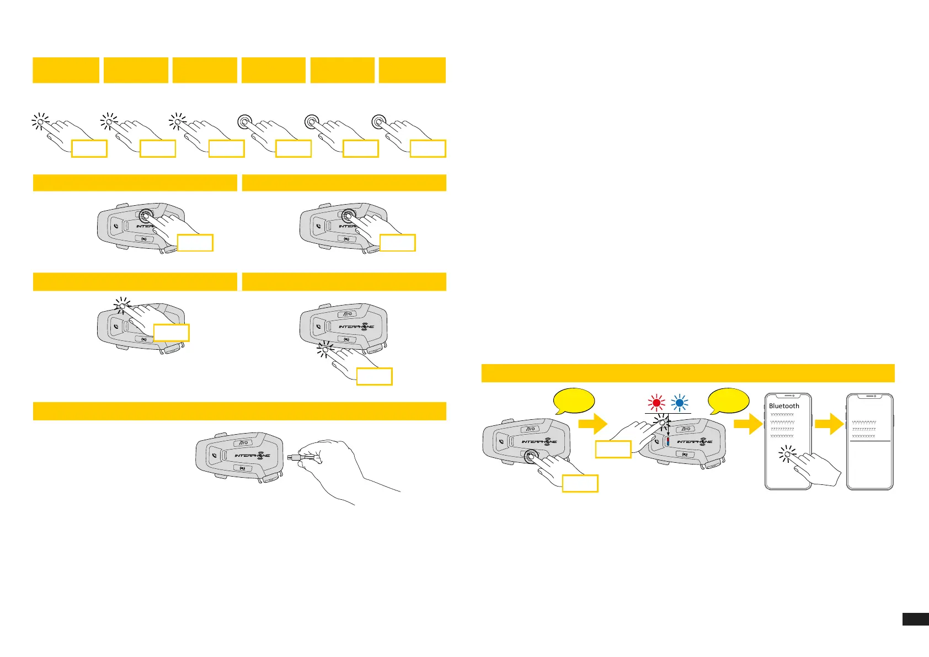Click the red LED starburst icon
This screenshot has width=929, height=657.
[656, 403]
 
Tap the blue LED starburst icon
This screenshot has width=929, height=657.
[680, 403]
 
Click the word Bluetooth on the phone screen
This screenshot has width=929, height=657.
[784, 406]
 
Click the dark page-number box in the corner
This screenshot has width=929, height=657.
[915, 619]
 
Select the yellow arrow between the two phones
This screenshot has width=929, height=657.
[829, 424]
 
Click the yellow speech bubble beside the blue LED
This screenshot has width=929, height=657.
[728, 401]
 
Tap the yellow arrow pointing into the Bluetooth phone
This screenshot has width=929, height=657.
[748, 424]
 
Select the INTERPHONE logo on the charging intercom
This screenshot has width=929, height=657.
[253, 456]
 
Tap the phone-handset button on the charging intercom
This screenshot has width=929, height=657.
[214, 456]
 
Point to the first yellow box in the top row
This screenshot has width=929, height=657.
[66, 70]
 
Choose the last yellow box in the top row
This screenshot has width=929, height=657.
[412, 70]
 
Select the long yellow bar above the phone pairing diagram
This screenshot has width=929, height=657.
[687, 373]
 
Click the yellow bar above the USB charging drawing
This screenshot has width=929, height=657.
[239, 411]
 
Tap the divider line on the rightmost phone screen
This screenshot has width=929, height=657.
[870, 441]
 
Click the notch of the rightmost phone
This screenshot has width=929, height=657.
[870, 396]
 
